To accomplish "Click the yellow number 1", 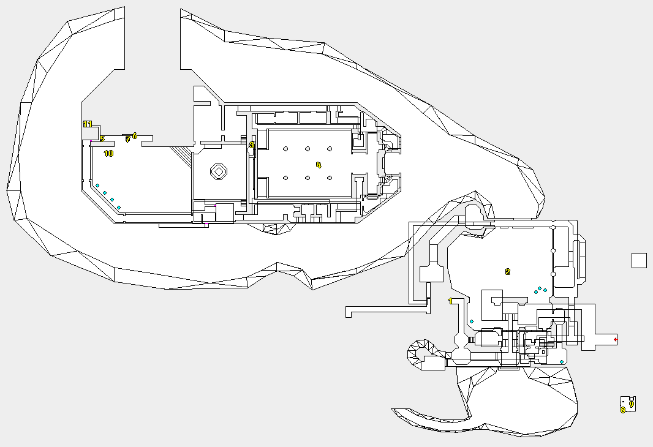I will tap(450, 301).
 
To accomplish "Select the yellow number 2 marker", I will tap(507, 272).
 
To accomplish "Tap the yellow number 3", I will tap(251, 145).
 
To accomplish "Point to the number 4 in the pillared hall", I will tap(319, 165).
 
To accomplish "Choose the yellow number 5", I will tap(102, 139).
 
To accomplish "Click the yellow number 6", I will tap(135, 135).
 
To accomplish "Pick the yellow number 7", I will tap(127, 140).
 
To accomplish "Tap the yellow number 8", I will tap(623, 410).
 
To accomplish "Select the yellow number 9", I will tap(632, 404).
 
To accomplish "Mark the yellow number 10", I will tap(108, 154).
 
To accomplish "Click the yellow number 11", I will tap(87, 124).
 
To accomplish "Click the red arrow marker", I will tap(616, 339).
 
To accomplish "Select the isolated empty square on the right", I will tap(639, 260).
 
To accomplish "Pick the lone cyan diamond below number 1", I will tap(472, 321).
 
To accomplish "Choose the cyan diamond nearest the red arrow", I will tap(562, 362).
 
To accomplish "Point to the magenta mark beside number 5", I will tap(91, 143).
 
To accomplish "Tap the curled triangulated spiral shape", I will tap(421, 353).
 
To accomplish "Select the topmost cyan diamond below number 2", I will tap(540, 288).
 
